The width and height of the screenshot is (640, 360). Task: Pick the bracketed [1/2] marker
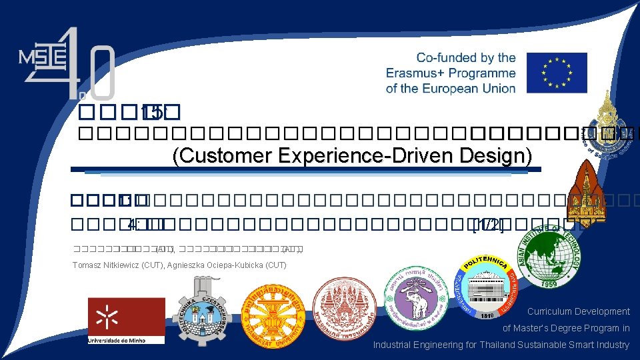click(x=487, y=225)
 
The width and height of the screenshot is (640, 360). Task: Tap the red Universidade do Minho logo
click(x=126, y=320)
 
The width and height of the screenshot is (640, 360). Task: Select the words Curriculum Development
click(x=578, y=311)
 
